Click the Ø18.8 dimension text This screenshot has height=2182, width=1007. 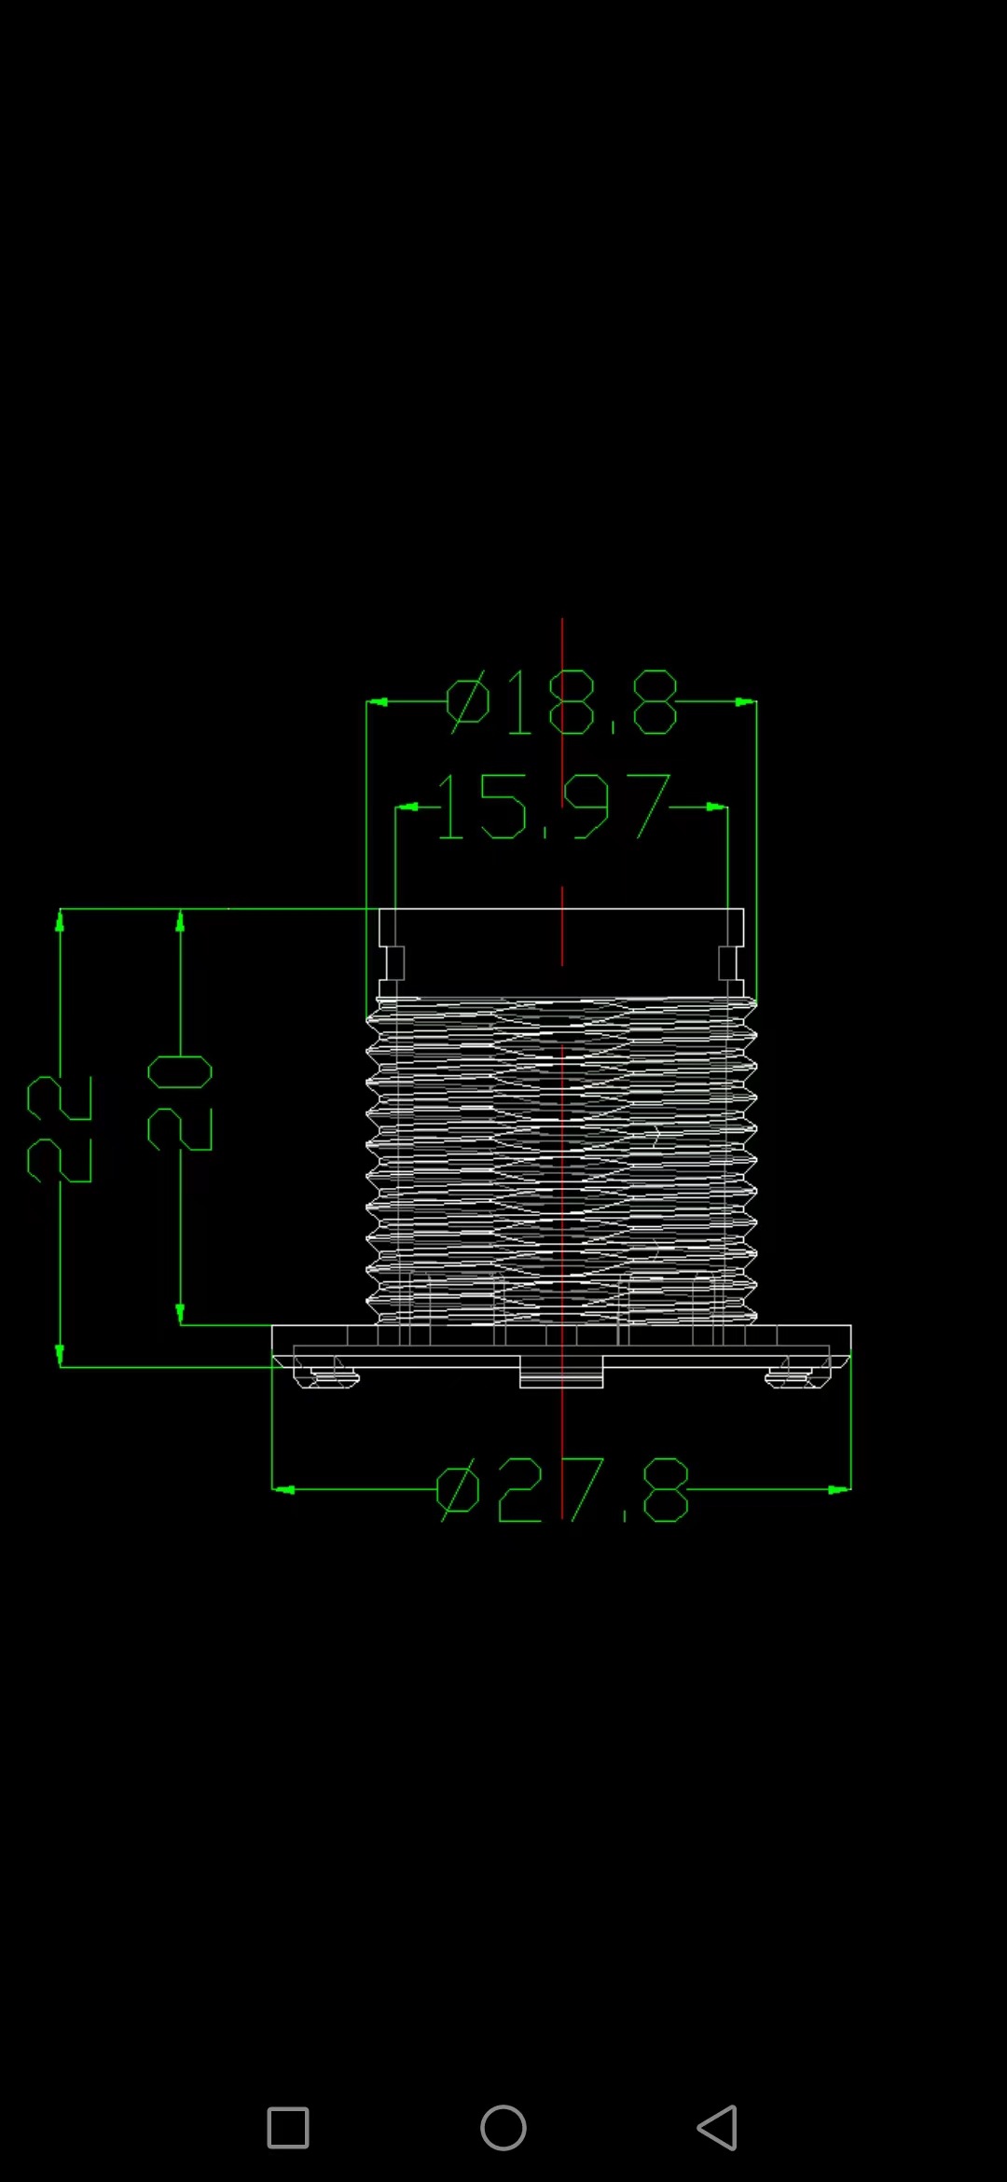click(562, 702)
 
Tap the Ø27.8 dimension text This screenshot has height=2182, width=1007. click(563, 1489)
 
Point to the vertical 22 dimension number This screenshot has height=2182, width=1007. click(60, 1128)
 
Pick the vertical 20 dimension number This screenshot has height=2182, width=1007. click(180, 1103)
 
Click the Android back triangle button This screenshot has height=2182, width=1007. click(717, 2128)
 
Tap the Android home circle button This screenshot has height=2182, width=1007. click(504, 2128)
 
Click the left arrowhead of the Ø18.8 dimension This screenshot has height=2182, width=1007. click(377, 702)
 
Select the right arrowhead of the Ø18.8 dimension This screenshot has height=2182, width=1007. click(746, 702)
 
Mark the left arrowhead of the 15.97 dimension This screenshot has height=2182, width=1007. click(406, 807)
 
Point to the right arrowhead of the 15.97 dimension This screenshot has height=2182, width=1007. click(717, 807)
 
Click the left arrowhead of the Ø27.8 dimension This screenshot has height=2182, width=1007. click(283, 1489)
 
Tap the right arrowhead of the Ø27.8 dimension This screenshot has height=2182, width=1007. click(839, 1489)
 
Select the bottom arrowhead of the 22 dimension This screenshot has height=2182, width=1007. click(60, 1355)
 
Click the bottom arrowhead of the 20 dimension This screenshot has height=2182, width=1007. click(180, 1314)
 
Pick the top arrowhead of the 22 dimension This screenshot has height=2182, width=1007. click(60, 921)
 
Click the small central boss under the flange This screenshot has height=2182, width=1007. click(561, 1373)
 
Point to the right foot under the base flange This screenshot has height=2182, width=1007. click(795, 1374)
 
